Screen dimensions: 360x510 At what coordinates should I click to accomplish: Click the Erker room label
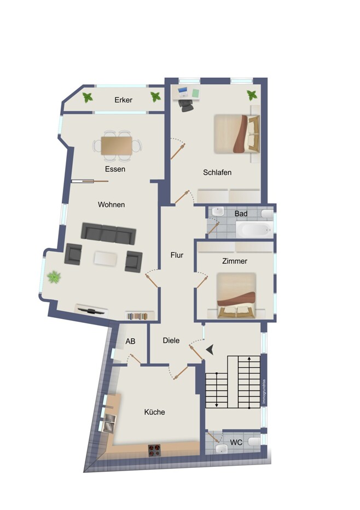click(x=123, y=100)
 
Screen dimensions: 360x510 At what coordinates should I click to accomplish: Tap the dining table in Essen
click(x=117, y=146)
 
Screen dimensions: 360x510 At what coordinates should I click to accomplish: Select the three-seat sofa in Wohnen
click(x=108, y=234)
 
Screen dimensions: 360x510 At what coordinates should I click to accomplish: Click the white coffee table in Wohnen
click(x=106, y=259)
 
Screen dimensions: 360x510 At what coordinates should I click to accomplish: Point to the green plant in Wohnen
click(x=54, y=277)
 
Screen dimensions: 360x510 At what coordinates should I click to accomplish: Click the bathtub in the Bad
click(x=254, y=229)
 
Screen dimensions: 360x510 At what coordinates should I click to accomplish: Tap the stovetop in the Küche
click(x=154, y=450)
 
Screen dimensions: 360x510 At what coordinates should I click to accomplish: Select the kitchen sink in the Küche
click(x=109, y=423)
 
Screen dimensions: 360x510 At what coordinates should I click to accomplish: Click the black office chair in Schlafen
click(x=187, y=105)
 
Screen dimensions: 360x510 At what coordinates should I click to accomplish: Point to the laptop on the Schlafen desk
click(x=183, y=92)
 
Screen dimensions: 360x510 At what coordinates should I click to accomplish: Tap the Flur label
click(x=177, y=256)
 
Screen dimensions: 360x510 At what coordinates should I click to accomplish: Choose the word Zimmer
click(x=235, y=261)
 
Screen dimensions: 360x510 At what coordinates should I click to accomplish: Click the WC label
click(x=236, y=443)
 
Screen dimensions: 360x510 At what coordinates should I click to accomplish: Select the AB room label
click(x=130, y=341)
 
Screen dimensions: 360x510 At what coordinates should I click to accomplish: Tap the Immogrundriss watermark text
click(x=264, y=392)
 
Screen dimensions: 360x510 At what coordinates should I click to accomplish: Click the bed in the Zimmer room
click(x=236, y=295)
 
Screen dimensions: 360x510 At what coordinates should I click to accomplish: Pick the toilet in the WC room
click(x=254, y=442)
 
